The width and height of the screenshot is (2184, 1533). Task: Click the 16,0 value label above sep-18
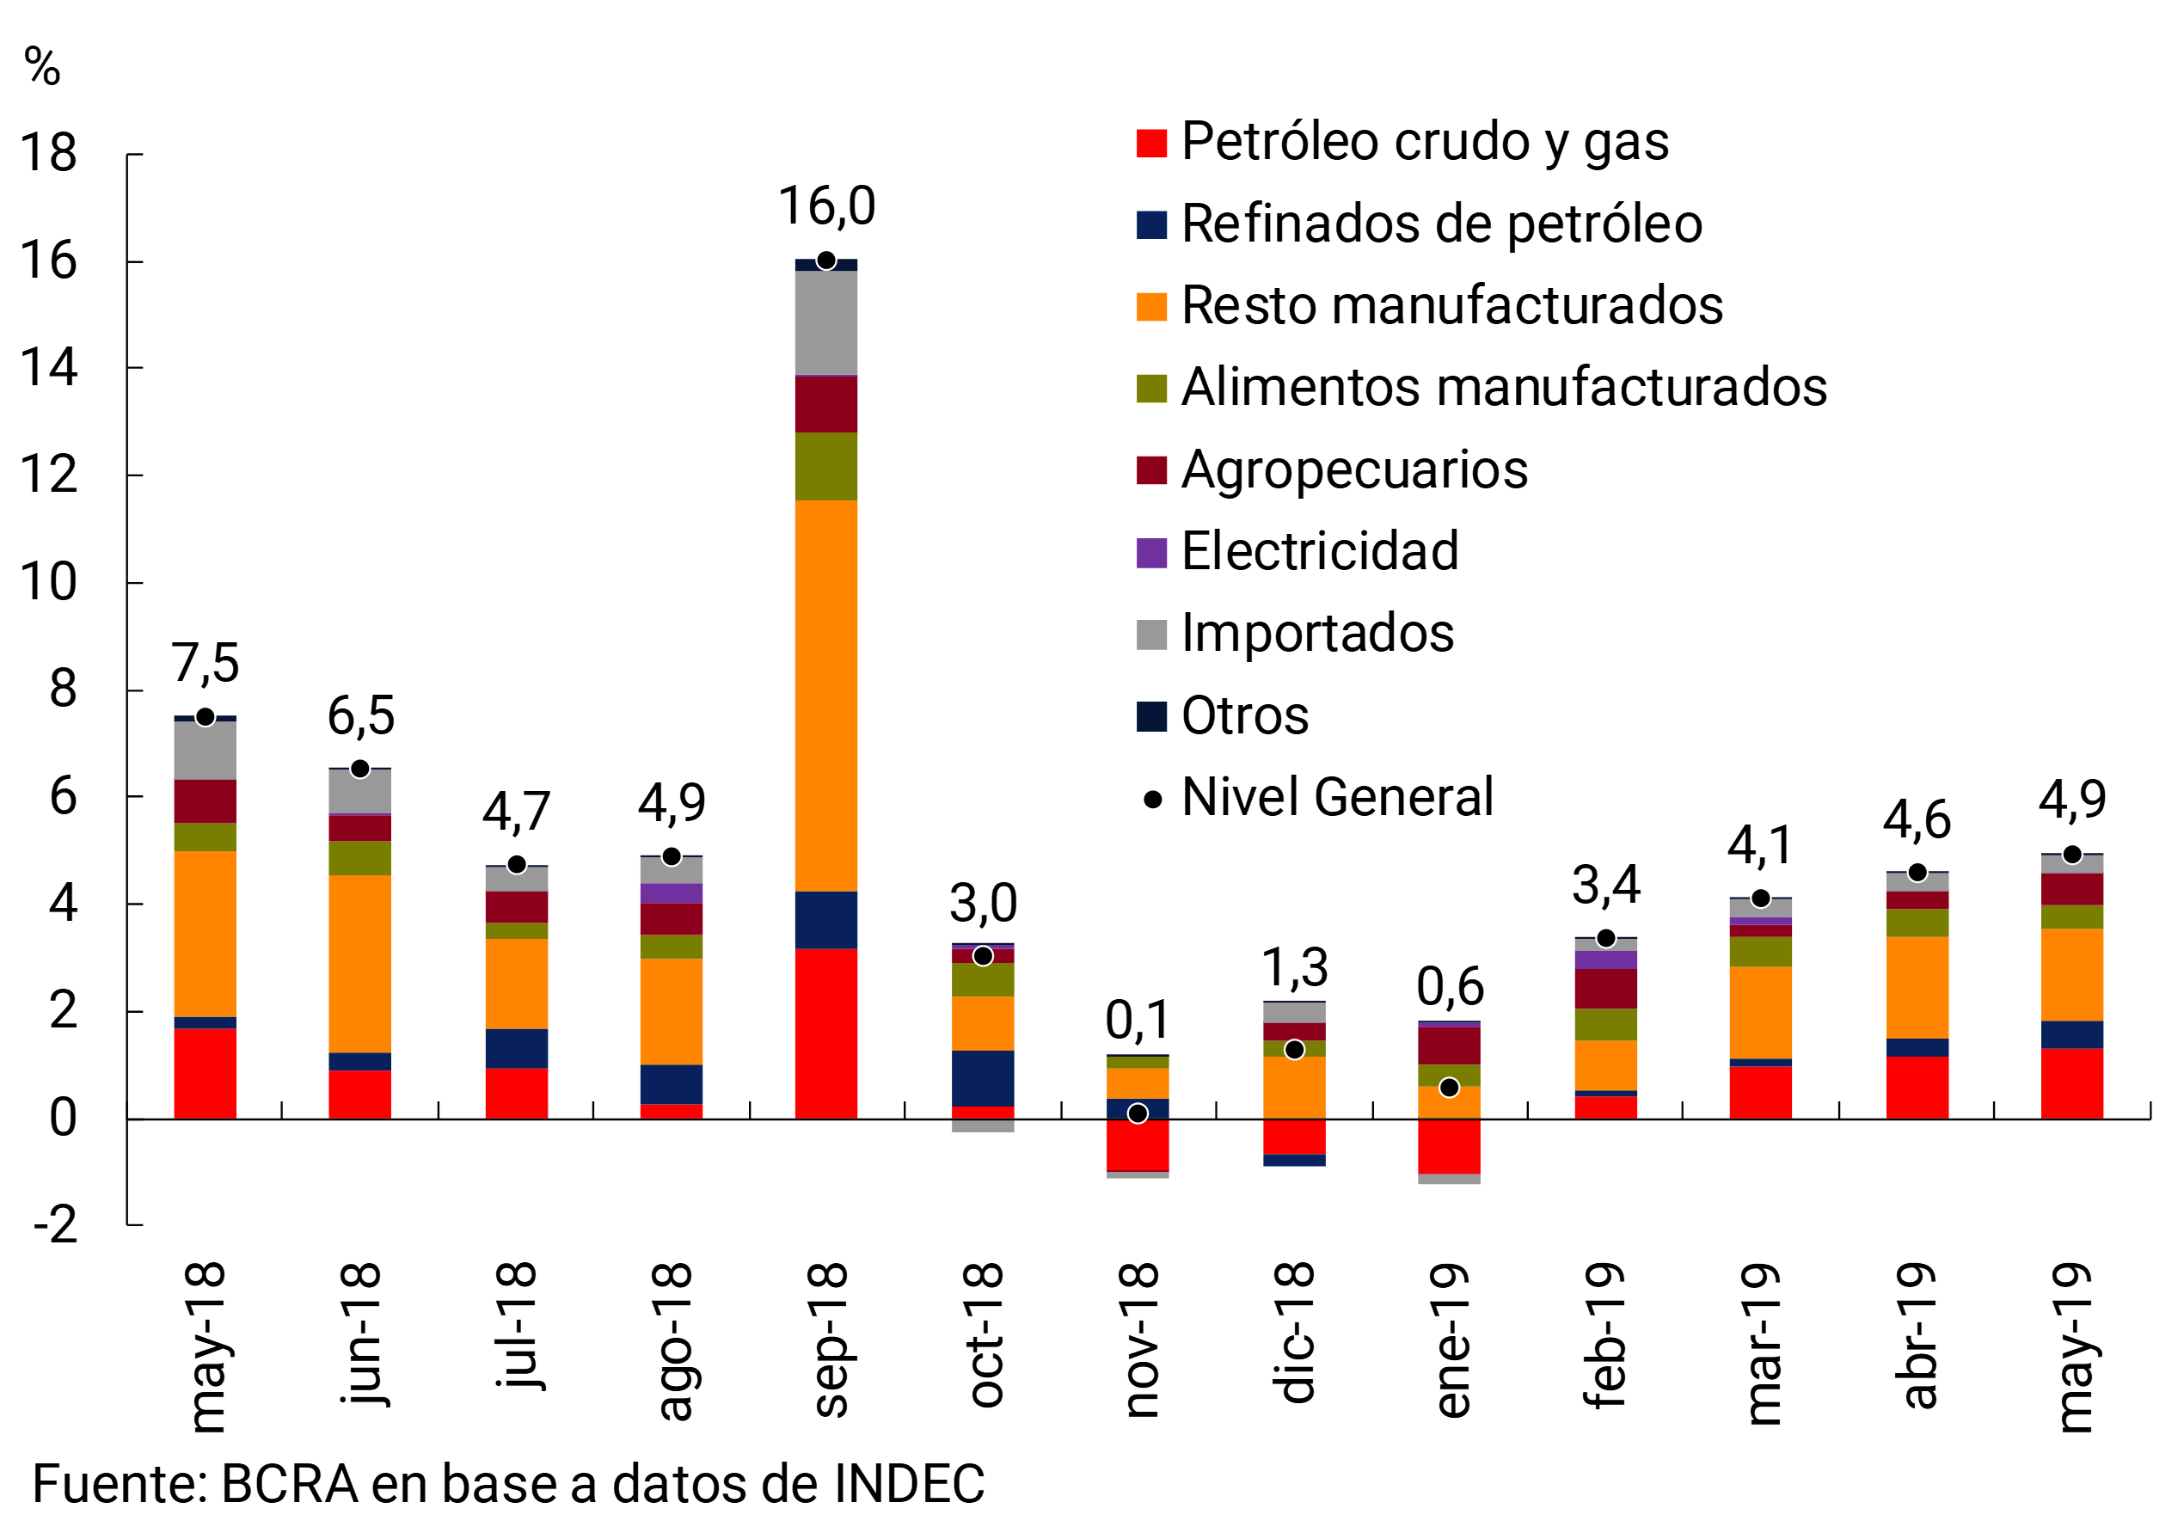[x=825, y=206]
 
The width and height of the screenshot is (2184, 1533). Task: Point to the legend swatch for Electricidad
[x=1151, y=553]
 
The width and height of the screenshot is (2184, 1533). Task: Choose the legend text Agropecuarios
[x=1353, y=469]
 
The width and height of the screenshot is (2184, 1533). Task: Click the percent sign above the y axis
[x=42, y=68]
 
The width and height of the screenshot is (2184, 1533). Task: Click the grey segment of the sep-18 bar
[x=825, y=323]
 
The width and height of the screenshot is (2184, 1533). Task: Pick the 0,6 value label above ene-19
[x=1450, y=986]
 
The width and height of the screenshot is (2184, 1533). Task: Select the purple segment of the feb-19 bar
[x=1605, y=960]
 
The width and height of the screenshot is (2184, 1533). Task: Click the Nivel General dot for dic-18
[x=1294, y=1050]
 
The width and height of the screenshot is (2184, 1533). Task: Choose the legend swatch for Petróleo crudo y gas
[x=1151, y=143]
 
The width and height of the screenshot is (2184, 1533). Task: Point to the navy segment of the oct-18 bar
[x=983, y=1077]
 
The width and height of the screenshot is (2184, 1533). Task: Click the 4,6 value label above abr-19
[x=1917, y=819]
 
